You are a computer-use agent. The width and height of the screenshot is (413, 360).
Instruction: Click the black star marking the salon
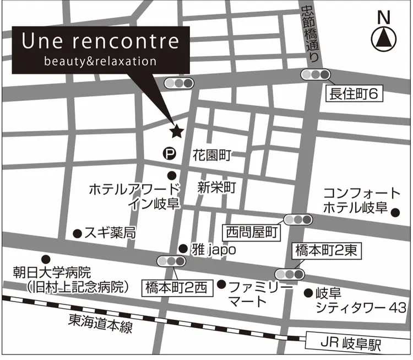pyautogui.click(x=177, y=131)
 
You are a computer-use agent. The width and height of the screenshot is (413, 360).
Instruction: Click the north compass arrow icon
pyautogui.click(x=385, y=37)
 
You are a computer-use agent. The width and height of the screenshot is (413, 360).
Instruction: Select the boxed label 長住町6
pyautogui.click(x=354, y=94)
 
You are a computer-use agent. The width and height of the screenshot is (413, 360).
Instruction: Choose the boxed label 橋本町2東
pyautogui.click(x=326, y=251)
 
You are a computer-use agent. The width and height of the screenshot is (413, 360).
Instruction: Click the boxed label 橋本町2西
pyautogui.click(x=176, y=287)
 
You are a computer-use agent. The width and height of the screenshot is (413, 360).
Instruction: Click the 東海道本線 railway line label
pyautogui.click(x=100, y=323)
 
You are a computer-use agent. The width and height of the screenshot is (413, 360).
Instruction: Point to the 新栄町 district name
pyautogui.click(x=216, y=187)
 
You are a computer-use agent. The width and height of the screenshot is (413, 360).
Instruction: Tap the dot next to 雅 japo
pyautogui.click(x=183, y=249)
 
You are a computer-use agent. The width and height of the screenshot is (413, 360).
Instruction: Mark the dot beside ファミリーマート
pyautogui.click(x=221, y=284)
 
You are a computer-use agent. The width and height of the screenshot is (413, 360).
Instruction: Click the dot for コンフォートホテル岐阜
pyautogui.click(x=395, y=211)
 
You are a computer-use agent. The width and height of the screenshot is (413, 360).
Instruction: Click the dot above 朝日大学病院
pyautogui.click(x=46, y=259)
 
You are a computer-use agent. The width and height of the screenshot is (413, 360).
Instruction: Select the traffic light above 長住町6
pyautogui.click(x=314, y=74)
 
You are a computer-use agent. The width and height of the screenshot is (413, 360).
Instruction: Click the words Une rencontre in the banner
pyautogui.click(x=100, y=41)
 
